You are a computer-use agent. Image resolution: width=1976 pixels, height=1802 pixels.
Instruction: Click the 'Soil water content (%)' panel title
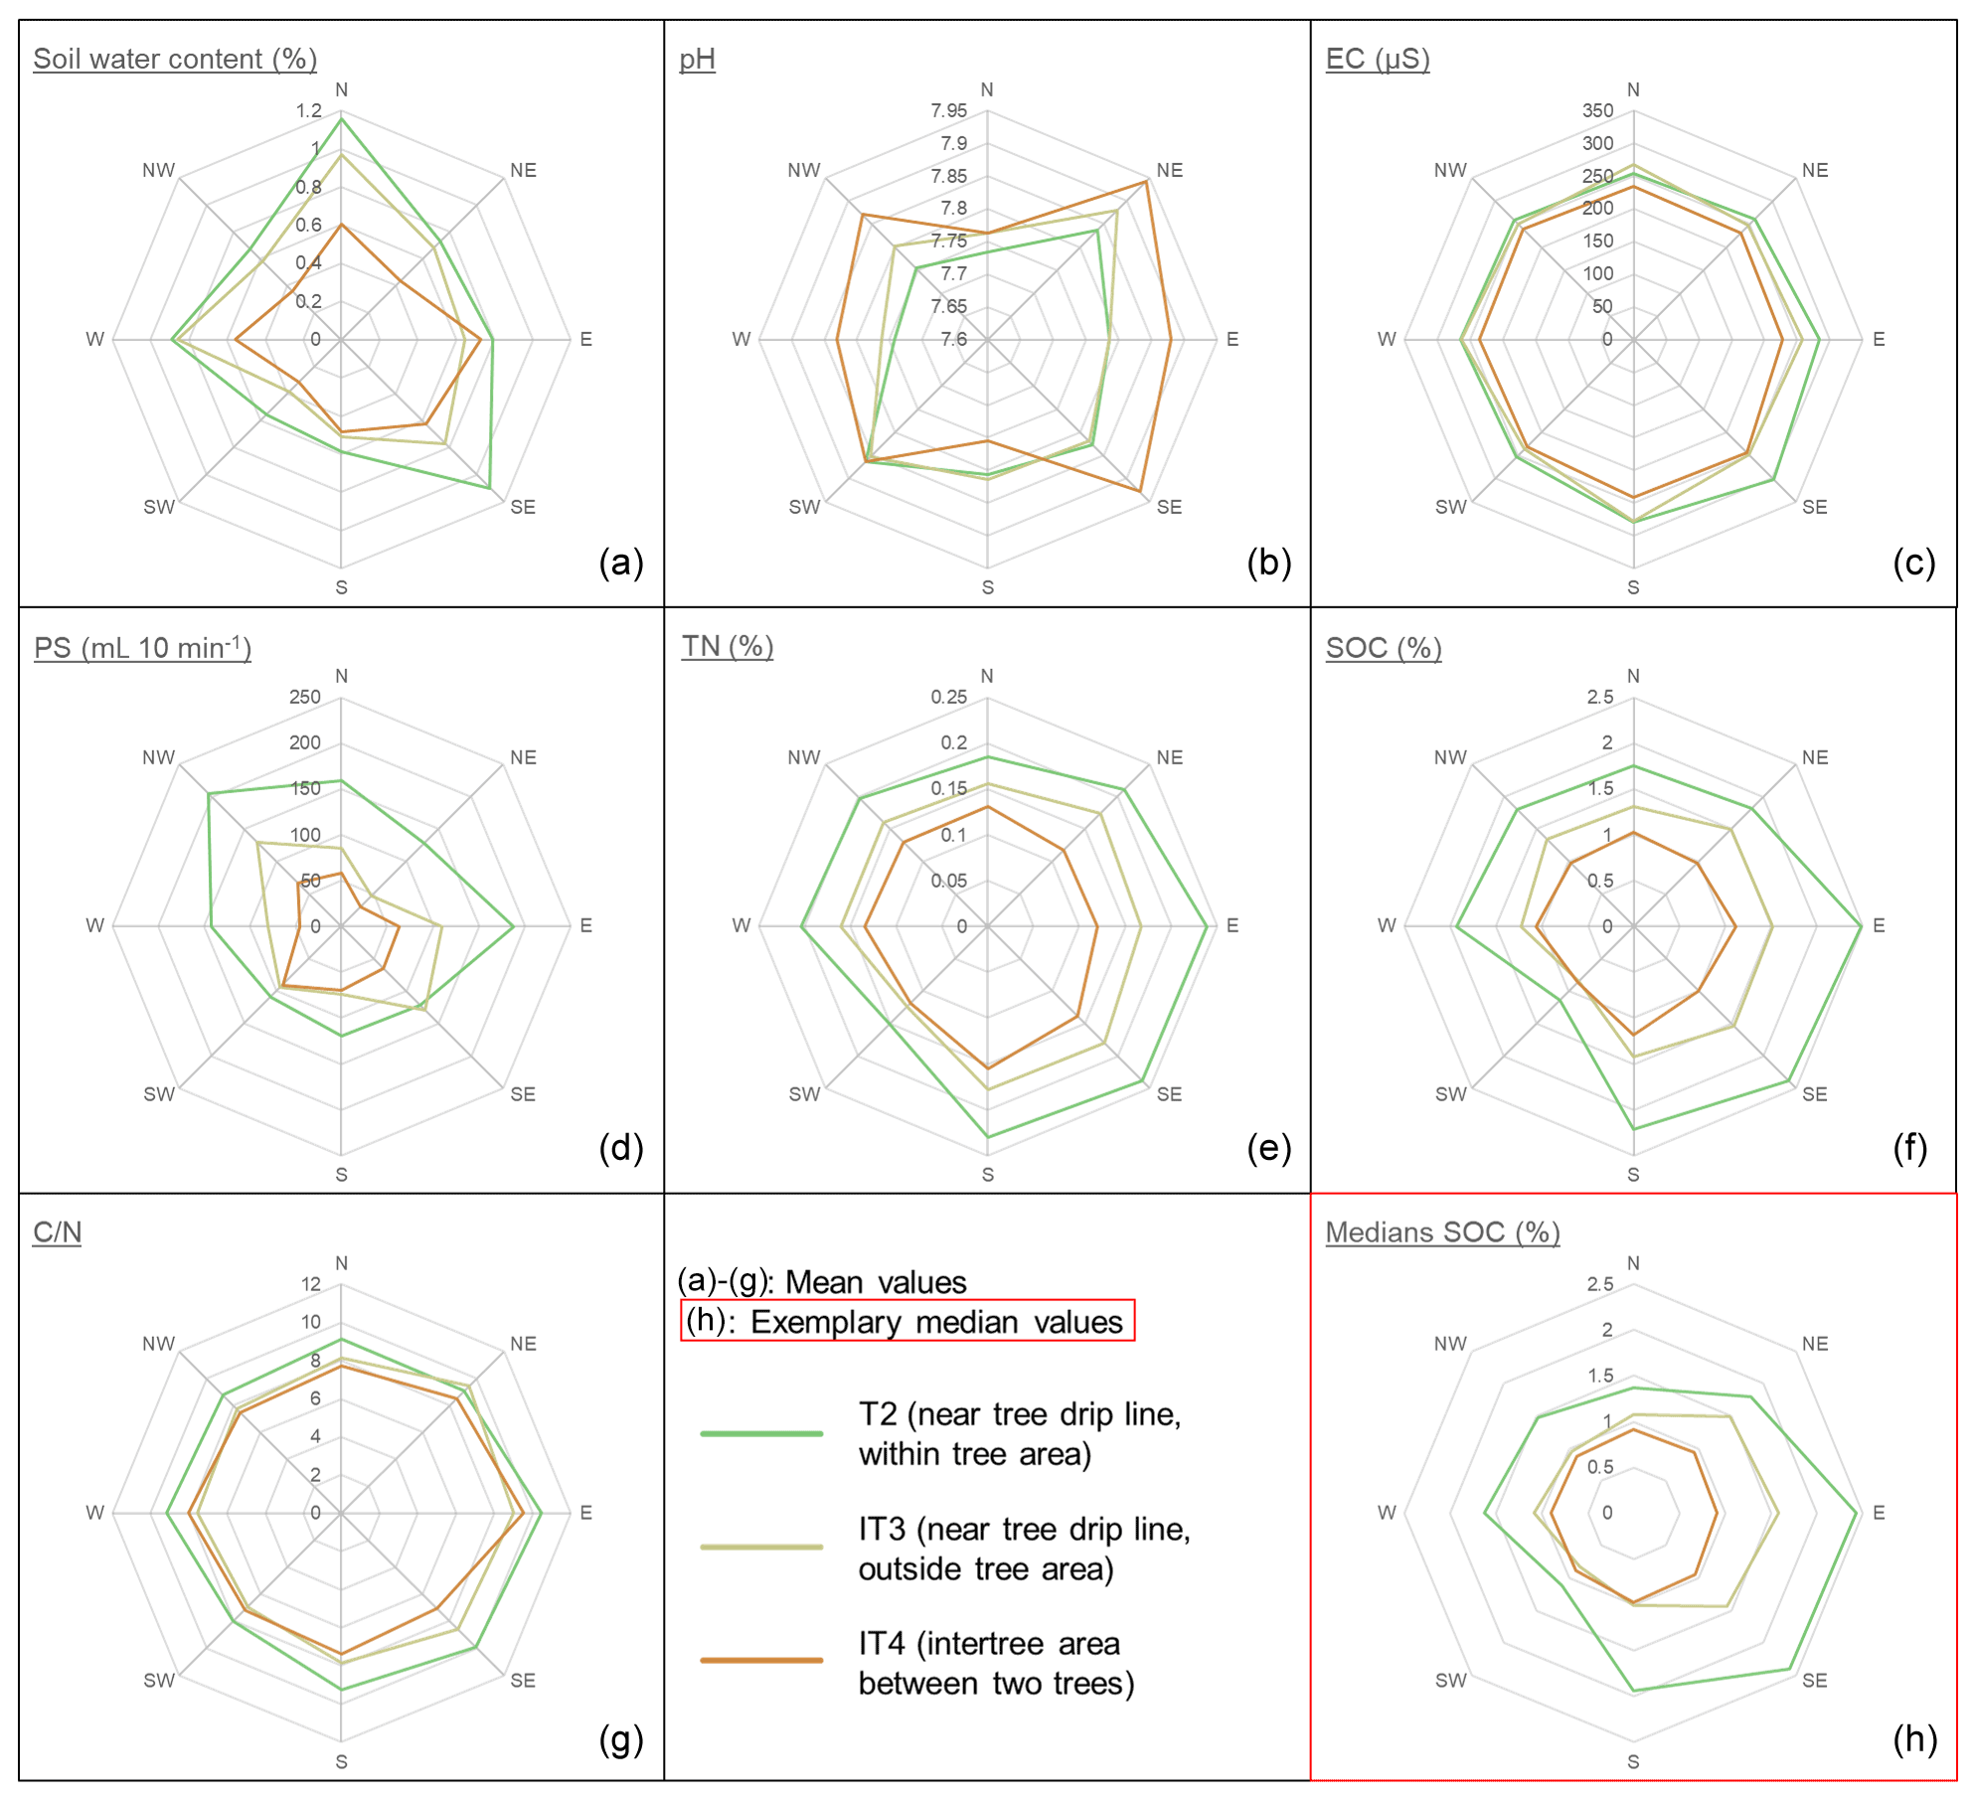click(x=175, y=59)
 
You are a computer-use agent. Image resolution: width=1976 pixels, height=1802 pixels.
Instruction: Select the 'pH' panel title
click(x=697, y=59)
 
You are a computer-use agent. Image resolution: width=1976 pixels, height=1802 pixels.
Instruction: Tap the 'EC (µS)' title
click(x=1378, y=59)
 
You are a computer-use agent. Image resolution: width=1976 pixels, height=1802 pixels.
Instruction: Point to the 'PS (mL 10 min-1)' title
click(x=142, y=648)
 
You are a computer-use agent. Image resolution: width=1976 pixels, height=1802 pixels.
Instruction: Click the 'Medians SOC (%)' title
click(x=1442, y=1232)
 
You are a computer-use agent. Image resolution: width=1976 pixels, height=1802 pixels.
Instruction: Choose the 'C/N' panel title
click(x=57, y=1232)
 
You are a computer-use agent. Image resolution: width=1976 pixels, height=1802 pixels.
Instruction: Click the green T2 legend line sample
click(x=761, y=1433)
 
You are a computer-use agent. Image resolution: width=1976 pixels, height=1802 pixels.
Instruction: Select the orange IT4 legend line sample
click(x=761, y=1660)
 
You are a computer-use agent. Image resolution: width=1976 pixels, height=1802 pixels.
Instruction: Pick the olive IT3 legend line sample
click(x=761, y=1547)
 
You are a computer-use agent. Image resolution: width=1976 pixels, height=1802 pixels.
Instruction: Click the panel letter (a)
click(x=621, y=563)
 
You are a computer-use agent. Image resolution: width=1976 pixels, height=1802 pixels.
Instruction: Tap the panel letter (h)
click(x=1914, y=1738)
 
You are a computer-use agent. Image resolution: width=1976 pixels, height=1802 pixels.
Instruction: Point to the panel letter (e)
click(x=1268, y=1148)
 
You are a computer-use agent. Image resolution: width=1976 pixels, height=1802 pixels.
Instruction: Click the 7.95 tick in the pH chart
click(x=948, y=110)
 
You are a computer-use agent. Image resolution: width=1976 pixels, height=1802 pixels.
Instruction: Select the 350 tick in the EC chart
click(x=1597, y=110)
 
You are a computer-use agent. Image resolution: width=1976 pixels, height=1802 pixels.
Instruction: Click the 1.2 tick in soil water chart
click(x=308, y=110)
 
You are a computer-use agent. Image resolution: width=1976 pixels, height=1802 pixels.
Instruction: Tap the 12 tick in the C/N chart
click(x=311, y=1284)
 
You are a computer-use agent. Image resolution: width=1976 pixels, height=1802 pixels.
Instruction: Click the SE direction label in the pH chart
click(x=1169, y=507)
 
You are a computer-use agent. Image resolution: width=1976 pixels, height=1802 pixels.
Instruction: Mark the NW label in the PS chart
click(x=158, y=757)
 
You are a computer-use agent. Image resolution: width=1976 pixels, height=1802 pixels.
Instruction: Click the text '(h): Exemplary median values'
click(x=906, y=1322)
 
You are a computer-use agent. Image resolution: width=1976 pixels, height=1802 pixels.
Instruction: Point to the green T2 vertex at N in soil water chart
click(x=341, y=119)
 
